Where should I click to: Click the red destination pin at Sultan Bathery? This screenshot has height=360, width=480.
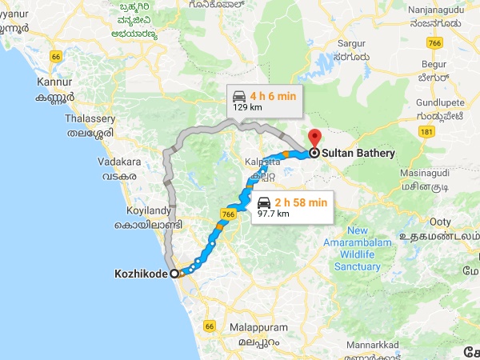(x=314, y=138)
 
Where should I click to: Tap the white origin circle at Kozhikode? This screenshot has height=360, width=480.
(x=174, y=273)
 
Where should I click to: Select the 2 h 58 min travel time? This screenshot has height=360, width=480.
(x=301, y=202)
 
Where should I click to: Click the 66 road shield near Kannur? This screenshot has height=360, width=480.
(x=55, y=57)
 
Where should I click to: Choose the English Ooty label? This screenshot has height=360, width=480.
(x=441, y=220)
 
